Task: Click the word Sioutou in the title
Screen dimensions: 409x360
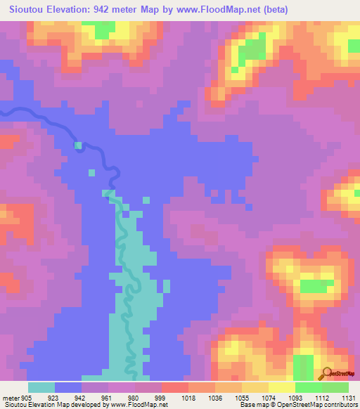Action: pyautogui.click(x=29, y=9)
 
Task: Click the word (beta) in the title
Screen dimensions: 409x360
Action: pyautogui.click(x=290, y=9)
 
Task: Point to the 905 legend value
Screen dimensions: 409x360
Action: pyautogui.click(x=27, y=397)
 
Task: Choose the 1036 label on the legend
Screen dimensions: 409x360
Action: pyautogui.click(x=216, y=397)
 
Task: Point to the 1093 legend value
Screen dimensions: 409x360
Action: pyautogui.click(x=296, y=397)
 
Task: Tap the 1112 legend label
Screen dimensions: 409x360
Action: pyautogui.click(x=323, y=397)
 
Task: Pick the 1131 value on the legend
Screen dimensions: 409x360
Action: pyautogui.click(x=348, y=397)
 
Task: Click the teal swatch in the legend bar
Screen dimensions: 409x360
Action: pyautogui.click(x=41, y=387)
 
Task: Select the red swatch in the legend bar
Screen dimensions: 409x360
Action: pyautogui.click(x=175, y=387)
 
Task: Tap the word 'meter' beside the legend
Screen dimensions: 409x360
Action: pyautogui.click(x=10, y=397)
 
